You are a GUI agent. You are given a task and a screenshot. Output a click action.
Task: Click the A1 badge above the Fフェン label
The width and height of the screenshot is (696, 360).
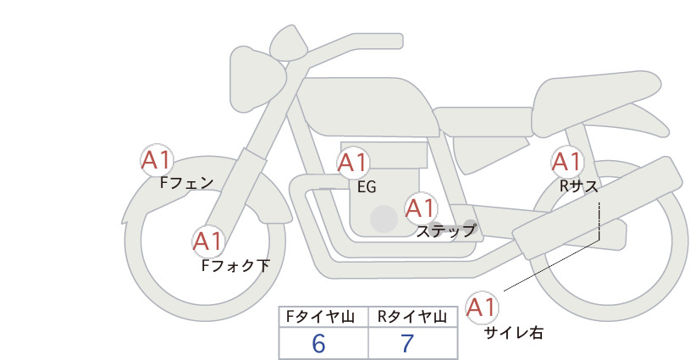(157, 160)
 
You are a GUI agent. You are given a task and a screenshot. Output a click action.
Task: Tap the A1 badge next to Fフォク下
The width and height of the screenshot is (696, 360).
(208, 241)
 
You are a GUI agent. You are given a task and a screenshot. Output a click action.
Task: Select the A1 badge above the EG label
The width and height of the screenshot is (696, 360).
(352, 163)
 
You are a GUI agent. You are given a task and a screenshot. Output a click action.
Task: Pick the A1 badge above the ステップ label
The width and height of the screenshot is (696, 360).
(421, 208)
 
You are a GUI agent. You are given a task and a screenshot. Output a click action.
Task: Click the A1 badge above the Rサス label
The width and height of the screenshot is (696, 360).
(566, 162)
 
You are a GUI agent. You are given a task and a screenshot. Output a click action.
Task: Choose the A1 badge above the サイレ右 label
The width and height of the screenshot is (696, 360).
(482, 307)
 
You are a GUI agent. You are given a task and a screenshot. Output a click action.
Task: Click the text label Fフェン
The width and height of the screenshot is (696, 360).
(186, 182)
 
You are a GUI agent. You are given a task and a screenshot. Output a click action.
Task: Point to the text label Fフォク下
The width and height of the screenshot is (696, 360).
(235, 265)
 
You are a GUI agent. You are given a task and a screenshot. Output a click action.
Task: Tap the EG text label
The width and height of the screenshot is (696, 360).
(367, 187)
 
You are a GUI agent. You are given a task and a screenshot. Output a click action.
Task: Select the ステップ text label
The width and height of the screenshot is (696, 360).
(445, 231)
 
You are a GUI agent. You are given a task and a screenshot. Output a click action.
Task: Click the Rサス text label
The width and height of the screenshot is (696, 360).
(578, 187)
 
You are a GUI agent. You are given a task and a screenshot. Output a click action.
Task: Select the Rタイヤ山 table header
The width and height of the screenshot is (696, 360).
(412, 317)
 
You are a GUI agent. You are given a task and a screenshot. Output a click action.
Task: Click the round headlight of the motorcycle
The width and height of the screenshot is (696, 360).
(257, 80)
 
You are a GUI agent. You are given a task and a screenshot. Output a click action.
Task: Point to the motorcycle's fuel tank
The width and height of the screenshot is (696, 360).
(366, 107)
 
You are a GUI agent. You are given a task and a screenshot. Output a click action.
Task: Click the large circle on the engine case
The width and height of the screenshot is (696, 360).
(384, 219)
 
